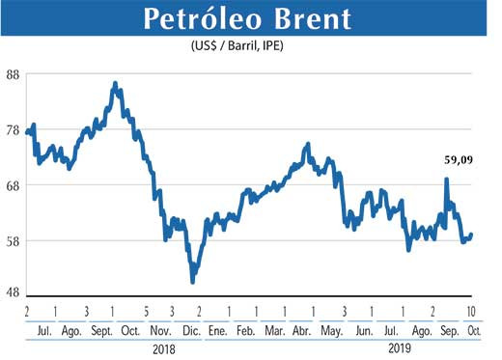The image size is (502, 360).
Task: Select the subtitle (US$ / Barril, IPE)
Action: pos(254,47)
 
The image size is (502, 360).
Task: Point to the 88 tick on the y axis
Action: pos(14,74)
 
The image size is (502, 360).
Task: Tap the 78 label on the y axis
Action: pos(14,129)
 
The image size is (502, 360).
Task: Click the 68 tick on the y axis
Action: pos(14,184)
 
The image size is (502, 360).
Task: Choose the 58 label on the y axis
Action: pos(14,239)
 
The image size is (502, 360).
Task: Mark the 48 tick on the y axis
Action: pos(14,294)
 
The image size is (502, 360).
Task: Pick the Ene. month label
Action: pos(218,329)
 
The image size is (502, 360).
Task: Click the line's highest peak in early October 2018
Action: pos(115,84)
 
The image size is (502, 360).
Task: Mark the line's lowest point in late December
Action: pos(193,281)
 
